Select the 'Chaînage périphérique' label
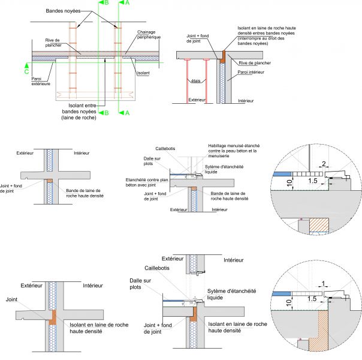(150, 35)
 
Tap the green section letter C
(26, 70)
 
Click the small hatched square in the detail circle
(320, 225)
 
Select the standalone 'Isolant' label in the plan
(143, 73)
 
